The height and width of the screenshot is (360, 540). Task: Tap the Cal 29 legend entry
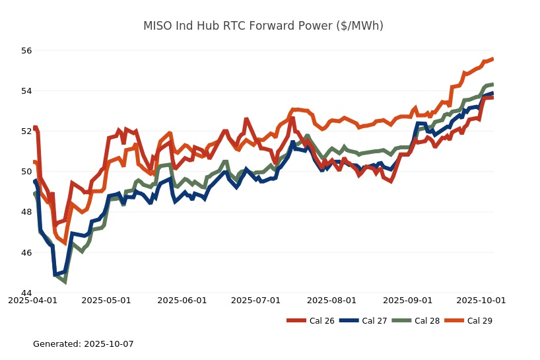point(468,321)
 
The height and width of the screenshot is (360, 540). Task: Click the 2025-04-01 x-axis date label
point(32,300)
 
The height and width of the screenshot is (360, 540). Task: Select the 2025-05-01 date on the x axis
point(106,300)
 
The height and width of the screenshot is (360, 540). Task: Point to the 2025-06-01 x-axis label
point(182,300)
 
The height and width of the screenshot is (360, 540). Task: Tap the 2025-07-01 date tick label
point(256,300)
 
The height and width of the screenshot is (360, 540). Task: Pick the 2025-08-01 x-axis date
point(332,300)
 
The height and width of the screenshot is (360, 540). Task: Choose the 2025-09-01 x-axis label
point(408,300)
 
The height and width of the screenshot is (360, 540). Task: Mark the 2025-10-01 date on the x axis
point(481,300)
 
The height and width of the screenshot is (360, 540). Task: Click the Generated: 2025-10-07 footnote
point(83,344)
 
